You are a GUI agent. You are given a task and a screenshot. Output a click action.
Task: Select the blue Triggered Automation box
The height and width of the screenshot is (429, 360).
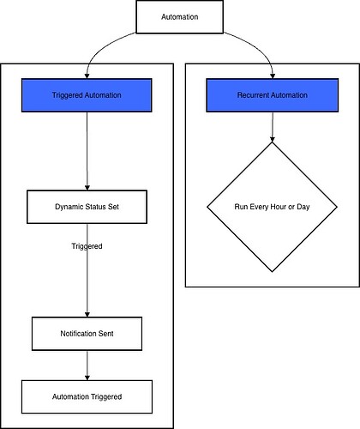(x=87, y=94)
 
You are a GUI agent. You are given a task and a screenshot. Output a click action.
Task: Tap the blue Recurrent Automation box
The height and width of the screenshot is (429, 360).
(x=272, y=94)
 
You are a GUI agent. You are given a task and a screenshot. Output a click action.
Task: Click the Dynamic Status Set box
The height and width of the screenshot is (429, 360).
(x=87, y=207)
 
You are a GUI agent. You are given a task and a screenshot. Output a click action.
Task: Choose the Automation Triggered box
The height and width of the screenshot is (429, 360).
(x=87, y=396)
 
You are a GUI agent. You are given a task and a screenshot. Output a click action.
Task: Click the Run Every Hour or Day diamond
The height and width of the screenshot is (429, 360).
(x=272, y=208)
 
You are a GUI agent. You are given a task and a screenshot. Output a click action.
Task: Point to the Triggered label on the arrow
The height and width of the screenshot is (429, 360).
(x=87, y=246)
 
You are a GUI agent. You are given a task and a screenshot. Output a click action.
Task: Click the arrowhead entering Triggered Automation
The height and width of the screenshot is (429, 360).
(x=87, y=76)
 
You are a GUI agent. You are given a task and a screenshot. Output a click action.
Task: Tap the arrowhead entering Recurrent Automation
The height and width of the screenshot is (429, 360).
(x=272, y=76)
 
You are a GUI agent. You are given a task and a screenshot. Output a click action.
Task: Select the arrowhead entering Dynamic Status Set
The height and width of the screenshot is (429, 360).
(x=87, y=187)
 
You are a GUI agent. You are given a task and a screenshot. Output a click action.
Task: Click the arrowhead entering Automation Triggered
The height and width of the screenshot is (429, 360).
(x=87, y=378)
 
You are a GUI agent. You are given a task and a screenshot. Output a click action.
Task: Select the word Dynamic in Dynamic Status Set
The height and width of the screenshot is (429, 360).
(x=71, y=207)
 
